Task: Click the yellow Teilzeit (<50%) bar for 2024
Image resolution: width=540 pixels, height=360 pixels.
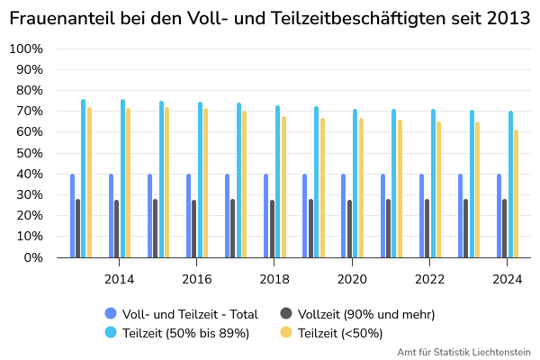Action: click(516, 193)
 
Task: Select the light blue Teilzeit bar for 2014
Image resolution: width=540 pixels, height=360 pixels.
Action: click(122, 178)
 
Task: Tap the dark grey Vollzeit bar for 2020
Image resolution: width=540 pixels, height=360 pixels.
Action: click(349, 229)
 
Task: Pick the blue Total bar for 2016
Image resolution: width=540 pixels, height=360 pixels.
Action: click(188, 216)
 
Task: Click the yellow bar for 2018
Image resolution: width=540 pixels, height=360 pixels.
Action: click(283, 187)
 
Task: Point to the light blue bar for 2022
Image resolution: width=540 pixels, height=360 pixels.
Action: click(433, 184)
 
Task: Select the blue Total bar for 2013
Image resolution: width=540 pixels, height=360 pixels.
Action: click(72, 216)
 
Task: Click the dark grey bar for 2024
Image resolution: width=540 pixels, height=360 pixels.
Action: click(504, 229)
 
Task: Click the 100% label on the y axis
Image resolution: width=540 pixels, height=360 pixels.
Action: click(26, 49)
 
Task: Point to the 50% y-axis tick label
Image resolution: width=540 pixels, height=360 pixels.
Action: click(30, 153)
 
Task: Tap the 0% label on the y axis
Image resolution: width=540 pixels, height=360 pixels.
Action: click(33, 257)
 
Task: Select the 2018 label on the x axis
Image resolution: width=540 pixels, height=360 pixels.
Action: click(274, 279)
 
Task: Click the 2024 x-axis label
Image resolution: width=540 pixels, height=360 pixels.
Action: click(508, 279)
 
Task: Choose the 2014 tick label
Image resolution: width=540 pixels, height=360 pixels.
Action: click(119, 279)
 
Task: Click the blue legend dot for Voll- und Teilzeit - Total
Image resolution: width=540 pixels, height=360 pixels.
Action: click(111, 313)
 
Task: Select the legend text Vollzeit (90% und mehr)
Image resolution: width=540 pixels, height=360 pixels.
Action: click(366, 314)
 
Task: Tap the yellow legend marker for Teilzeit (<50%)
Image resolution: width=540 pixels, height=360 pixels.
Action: click(286, 332)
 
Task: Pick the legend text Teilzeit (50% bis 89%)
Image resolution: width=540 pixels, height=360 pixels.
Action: click(185, 333)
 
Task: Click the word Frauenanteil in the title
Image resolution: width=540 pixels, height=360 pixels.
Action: click(62, 18)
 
